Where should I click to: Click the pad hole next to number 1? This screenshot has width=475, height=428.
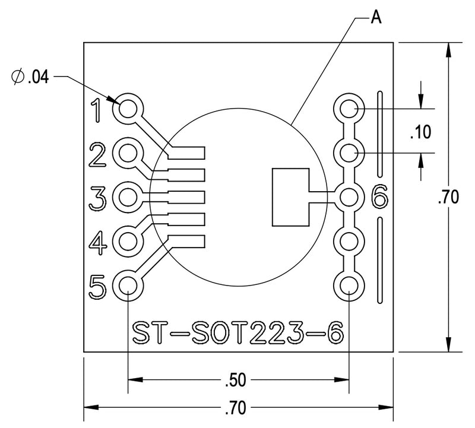point(128,109)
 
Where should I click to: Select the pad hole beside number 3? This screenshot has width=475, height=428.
point(128,196)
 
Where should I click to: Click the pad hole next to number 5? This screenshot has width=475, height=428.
point(128,286)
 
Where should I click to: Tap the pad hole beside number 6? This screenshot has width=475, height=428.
point(349,196)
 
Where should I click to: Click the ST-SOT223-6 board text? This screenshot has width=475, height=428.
point(237,332)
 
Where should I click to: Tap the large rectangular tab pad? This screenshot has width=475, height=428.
point(290,197)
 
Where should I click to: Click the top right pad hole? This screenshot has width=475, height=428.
point(349,109)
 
